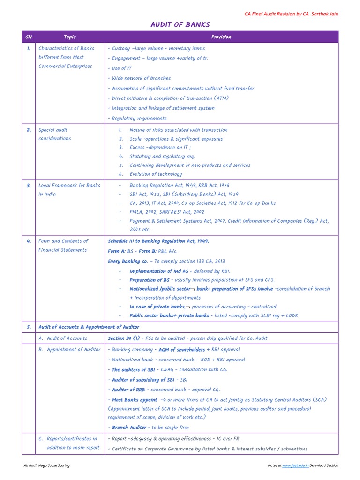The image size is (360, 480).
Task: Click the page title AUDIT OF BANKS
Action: coord(180,24)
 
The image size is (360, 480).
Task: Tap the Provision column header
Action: coord(221,37)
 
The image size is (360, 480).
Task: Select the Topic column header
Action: coord(69,37)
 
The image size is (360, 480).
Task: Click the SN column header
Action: coord(29,37)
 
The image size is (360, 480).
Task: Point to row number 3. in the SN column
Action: coord(29,185)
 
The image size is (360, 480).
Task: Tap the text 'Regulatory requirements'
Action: coord(137,118)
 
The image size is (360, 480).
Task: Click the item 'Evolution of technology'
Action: coord(156,174)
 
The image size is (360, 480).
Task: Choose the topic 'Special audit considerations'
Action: coord(55,134)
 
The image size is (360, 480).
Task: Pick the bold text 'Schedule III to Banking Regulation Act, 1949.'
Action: coord(158,241)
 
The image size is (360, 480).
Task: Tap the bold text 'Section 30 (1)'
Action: coord(124,338)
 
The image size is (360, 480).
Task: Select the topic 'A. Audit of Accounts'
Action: coord(63,338)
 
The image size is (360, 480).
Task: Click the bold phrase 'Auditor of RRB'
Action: coord(128,390)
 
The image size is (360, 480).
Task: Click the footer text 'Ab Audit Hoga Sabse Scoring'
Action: coord(46,465)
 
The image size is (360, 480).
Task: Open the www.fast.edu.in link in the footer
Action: coord(294,465)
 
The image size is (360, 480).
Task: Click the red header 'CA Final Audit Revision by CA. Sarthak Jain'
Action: coord(291,14)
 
